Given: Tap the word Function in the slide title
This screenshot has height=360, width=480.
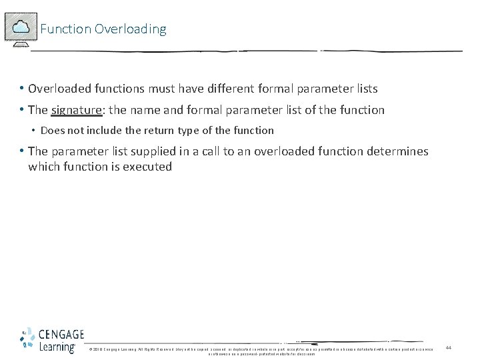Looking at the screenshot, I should coord(65,29).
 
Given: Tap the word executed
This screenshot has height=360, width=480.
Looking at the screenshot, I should coord(147,167).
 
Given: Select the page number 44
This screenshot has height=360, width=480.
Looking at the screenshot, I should coord(449,348).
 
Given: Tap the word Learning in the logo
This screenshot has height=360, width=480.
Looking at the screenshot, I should coord(57,347).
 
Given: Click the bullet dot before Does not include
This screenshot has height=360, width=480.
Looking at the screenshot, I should coord(33,131).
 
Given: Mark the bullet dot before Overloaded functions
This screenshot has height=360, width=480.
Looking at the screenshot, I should coord(22,89).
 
